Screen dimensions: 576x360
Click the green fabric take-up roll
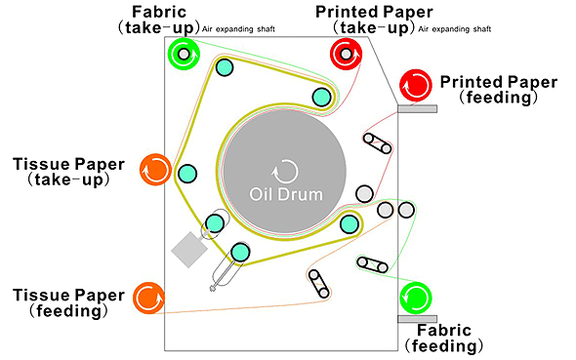(x=184, y=54)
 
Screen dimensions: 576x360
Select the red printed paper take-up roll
(x=346, y=54)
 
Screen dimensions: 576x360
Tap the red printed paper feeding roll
(x=416, y=85)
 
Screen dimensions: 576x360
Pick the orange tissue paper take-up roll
(x=155, y=170)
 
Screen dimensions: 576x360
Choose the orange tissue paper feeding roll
(x=148, y=298)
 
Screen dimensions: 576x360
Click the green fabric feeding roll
(x=416, y=298)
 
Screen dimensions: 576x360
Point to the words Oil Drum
(x=286, y=194)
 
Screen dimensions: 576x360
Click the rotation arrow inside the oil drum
(x=285, y=172)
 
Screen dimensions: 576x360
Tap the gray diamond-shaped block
(x=189, y=250)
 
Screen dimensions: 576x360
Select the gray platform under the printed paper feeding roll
(x=417, y=108)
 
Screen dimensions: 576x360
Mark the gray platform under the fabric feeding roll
(x=417, y=319)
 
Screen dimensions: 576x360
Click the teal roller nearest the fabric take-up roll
(x=225, y=66)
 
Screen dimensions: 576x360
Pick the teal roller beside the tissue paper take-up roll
(x=187, y=174)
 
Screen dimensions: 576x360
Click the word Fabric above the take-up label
(x=159, y=12)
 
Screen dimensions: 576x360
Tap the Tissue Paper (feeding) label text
(x=68, y=302)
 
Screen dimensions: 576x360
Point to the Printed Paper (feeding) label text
(x=499, y=90)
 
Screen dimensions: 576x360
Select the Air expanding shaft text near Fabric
(x=238, y=29)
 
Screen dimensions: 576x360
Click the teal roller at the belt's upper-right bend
(x=321, y=97)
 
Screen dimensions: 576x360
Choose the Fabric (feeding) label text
(x=444, y=338)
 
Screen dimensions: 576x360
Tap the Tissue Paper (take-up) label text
(x=68, y=172)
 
